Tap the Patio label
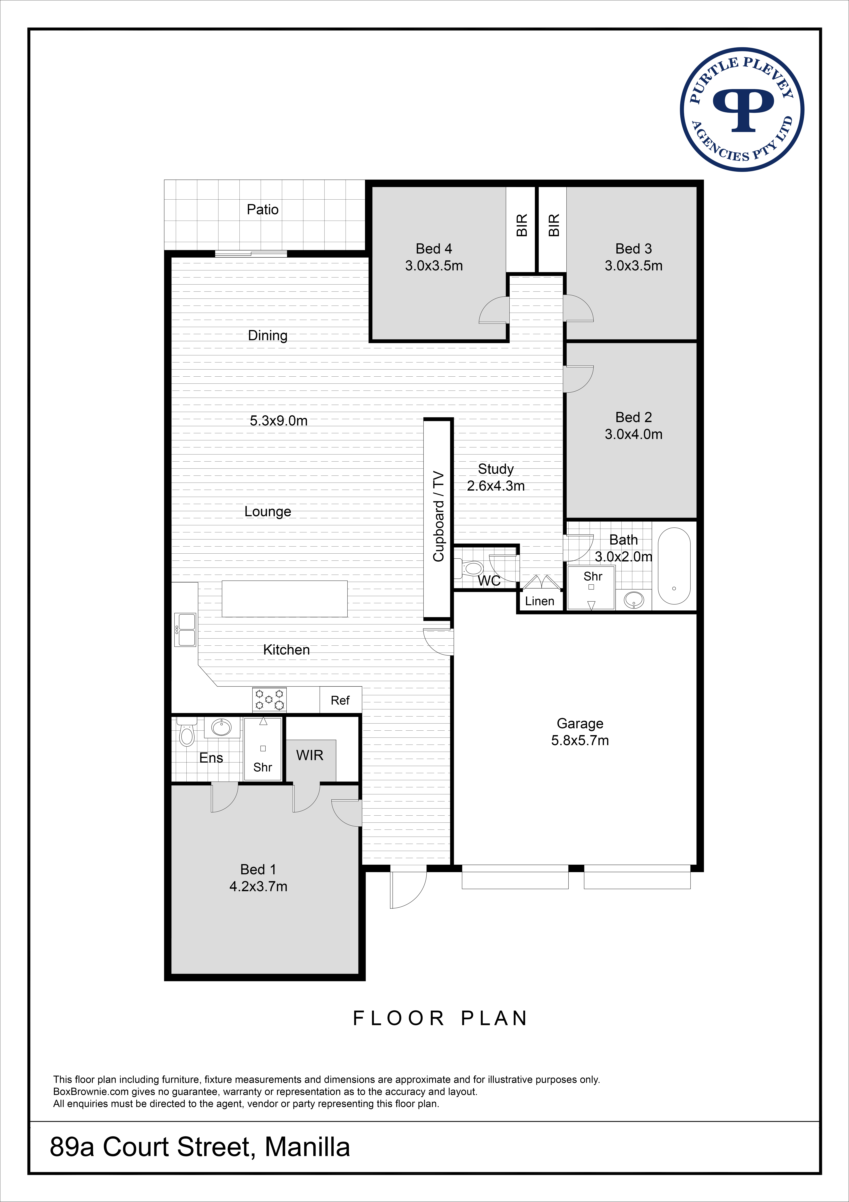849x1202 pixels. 263,209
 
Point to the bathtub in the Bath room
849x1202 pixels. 674,566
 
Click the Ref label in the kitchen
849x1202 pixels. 340,700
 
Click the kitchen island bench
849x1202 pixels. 285,599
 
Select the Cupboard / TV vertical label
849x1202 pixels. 438,517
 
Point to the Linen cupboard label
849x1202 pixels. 539,601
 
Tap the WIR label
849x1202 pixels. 310,755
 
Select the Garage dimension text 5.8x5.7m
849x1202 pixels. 580,741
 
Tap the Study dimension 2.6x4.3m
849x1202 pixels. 496,486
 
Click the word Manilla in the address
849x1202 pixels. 308,1147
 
